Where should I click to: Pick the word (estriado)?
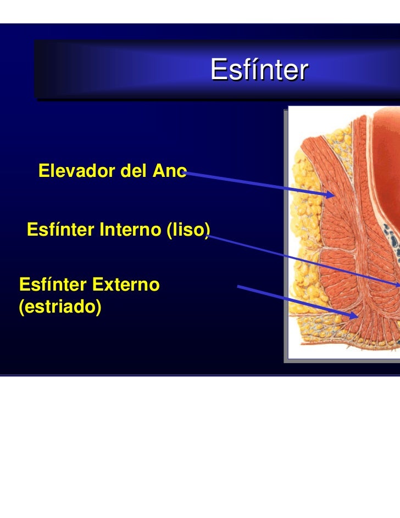(60, 307)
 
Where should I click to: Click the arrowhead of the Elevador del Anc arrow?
(331, 194)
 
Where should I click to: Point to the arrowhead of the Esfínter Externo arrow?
(355, 315)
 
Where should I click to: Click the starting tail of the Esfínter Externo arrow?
(239, 287)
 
